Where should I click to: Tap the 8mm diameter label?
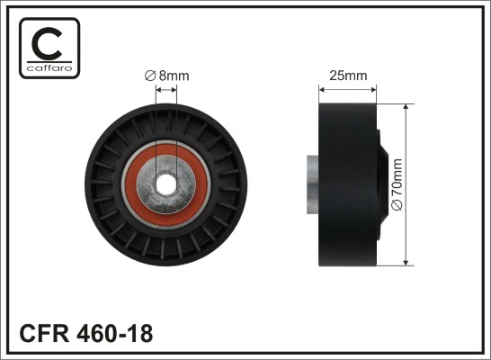(168, 76)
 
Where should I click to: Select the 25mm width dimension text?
(349, 76)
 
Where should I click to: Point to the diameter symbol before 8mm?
(150, 76)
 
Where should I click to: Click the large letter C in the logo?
(49, 42)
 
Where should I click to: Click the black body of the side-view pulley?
(347, 185)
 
